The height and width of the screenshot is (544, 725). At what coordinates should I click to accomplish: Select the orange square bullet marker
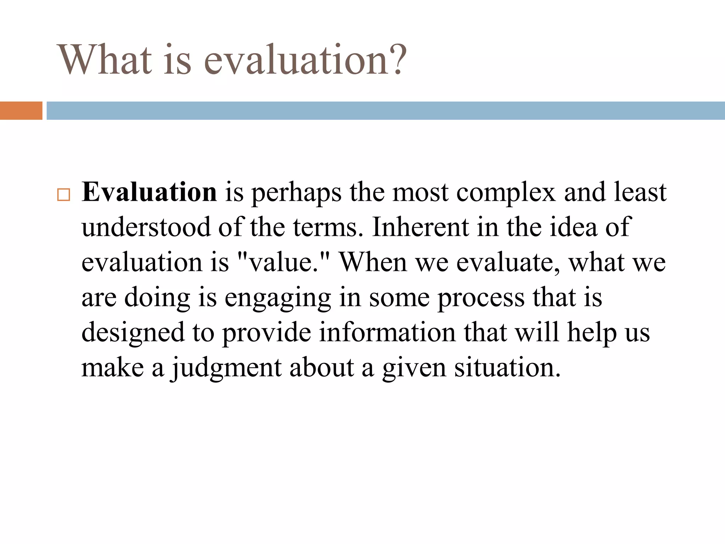tap(64, 195)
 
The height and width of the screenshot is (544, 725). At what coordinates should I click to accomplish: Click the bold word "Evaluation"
tap(149, 192)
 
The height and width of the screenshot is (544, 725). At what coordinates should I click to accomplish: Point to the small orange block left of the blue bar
tap(21, 110)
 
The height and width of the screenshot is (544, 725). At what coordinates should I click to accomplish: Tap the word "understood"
tap(146, 227)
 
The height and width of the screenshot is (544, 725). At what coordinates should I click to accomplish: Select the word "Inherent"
tap(420, 227)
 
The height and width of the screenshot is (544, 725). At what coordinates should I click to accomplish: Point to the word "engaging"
tap(278, 298)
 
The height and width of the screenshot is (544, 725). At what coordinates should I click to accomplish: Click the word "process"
tap(481, 298)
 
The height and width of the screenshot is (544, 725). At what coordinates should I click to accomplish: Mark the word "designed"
tap(133, 333)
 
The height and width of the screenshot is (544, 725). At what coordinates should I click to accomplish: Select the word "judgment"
tap(227, 368)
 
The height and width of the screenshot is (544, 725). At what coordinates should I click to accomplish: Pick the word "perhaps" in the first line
tap(296, 193)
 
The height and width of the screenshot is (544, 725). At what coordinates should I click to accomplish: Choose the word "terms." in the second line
tap(328, 227)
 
